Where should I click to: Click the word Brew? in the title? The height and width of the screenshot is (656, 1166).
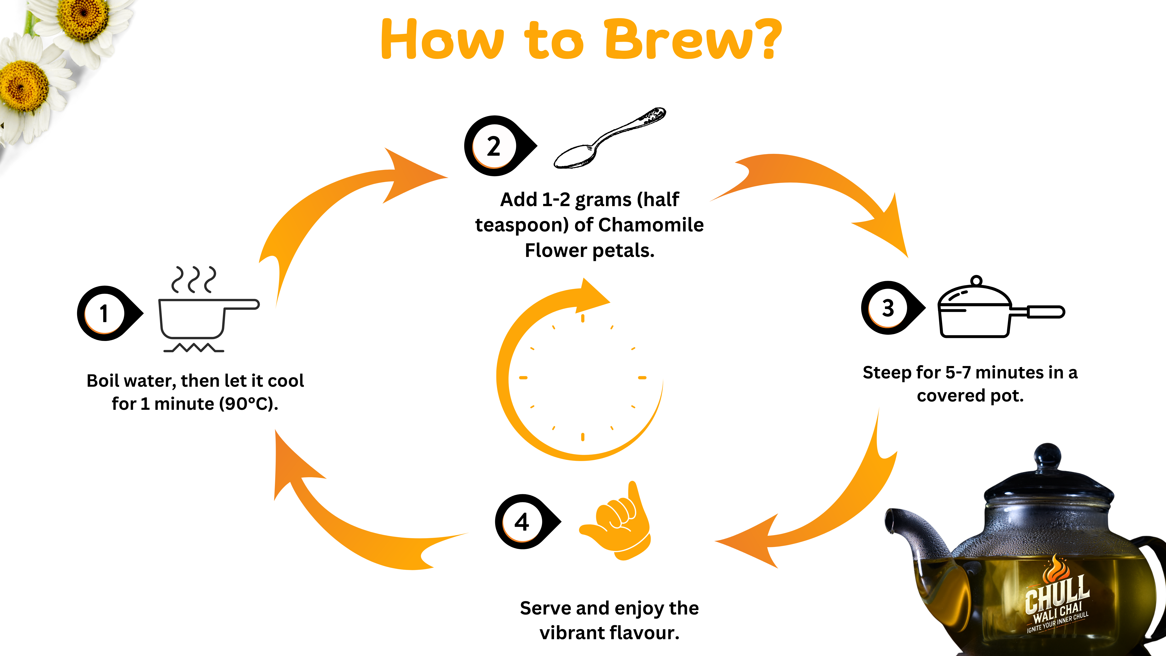click(x=693, y=40)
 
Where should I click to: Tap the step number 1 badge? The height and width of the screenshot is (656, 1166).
click(x=105, y=313)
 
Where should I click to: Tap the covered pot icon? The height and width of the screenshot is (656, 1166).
click(x=996, y=310)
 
